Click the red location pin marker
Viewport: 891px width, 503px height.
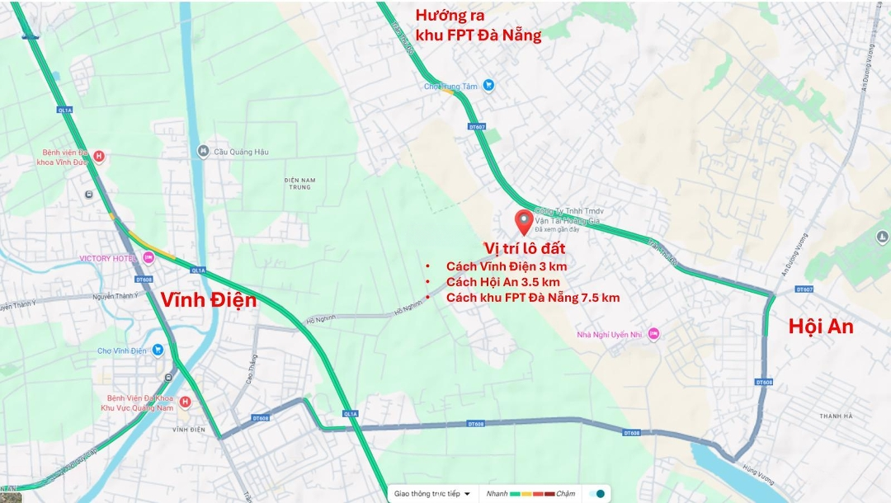click(523, 222)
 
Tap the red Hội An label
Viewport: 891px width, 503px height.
click(821, 326)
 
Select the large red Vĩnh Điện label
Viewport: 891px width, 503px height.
click(209, 300)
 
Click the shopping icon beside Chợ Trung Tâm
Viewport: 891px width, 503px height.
click(488, 85)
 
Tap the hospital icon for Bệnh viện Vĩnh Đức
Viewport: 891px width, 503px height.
click(99, 156)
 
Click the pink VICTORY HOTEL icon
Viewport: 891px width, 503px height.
click(148, 258)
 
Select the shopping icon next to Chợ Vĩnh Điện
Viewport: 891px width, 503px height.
click(158, 350)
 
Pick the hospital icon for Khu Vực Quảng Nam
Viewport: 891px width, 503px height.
click(185, 402)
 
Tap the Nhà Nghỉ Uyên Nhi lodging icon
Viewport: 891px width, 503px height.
click(653, 333)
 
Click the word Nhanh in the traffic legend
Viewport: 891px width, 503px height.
click(497, 493)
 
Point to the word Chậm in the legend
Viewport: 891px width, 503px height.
click(565, 493)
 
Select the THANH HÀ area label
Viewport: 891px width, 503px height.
click(835, 416)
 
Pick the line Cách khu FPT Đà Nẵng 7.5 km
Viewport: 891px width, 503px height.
click(532, 297)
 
